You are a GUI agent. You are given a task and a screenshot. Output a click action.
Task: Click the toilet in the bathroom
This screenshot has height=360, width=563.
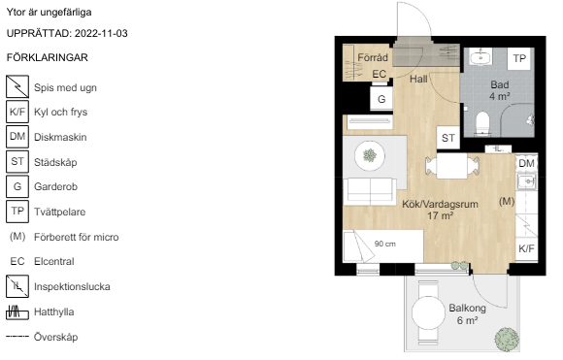point(482,124)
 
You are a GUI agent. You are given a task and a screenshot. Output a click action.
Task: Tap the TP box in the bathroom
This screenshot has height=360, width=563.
point(519,58)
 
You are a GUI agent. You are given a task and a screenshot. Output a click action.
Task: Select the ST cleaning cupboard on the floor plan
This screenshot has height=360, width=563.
point(448,138)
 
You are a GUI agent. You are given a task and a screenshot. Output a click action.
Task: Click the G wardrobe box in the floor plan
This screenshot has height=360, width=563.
point(381,99)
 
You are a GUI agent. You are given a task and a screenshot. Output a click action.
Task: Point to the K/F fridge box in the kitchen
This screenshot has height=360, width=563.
point(526,248)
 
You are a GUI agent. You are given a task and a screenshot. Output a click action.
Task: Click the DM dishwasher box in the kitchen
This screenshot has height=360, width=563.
point(526,163)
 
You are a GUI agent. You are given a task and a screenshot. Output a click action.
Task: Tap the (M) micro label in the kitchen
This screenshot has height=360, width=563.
point(507,201)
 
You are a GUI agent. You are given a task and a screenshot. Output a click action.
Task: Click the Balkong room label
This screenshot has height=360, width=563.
point(468,308)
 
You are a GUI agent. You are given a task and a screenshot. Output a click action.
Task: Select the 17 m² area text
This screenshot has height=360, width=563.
point(440,215)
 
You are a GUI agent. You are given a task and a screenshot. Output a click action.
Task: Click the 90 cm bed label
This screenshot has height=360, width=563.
point(385,244)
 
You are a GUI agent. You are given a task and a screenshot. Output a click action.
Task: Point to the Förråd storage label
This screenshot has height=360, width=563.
point(373,57)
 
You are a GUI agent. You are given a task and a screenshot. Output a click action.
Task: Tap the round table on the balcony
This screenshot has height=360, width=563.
point(428,312)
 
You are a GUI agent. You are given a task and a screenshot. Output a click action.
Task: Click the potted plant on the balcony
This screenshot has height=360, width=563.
point(507,340)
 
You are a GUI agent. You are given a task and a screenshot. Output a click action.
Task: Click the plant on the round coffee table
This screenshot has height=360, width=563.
point(370,156)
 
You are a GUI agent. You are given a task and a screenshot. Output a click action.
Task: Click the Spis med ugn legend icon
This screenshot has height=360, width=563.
point(17,86)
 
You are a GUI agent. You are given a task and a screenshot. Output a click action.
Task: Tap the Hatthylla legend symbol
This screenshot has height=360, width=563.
point(17,311)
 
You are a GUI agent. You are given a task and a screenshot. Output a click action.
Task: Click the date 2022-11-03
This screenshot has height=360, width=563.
point(101,33)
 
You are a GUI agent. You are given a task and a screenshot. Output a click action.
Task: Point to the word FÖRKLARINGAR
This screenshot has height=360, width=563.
point(47,57)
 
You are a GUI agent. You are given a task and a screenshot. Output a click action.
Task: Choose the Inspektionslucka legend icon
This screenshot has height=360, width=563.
point(17,286)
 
